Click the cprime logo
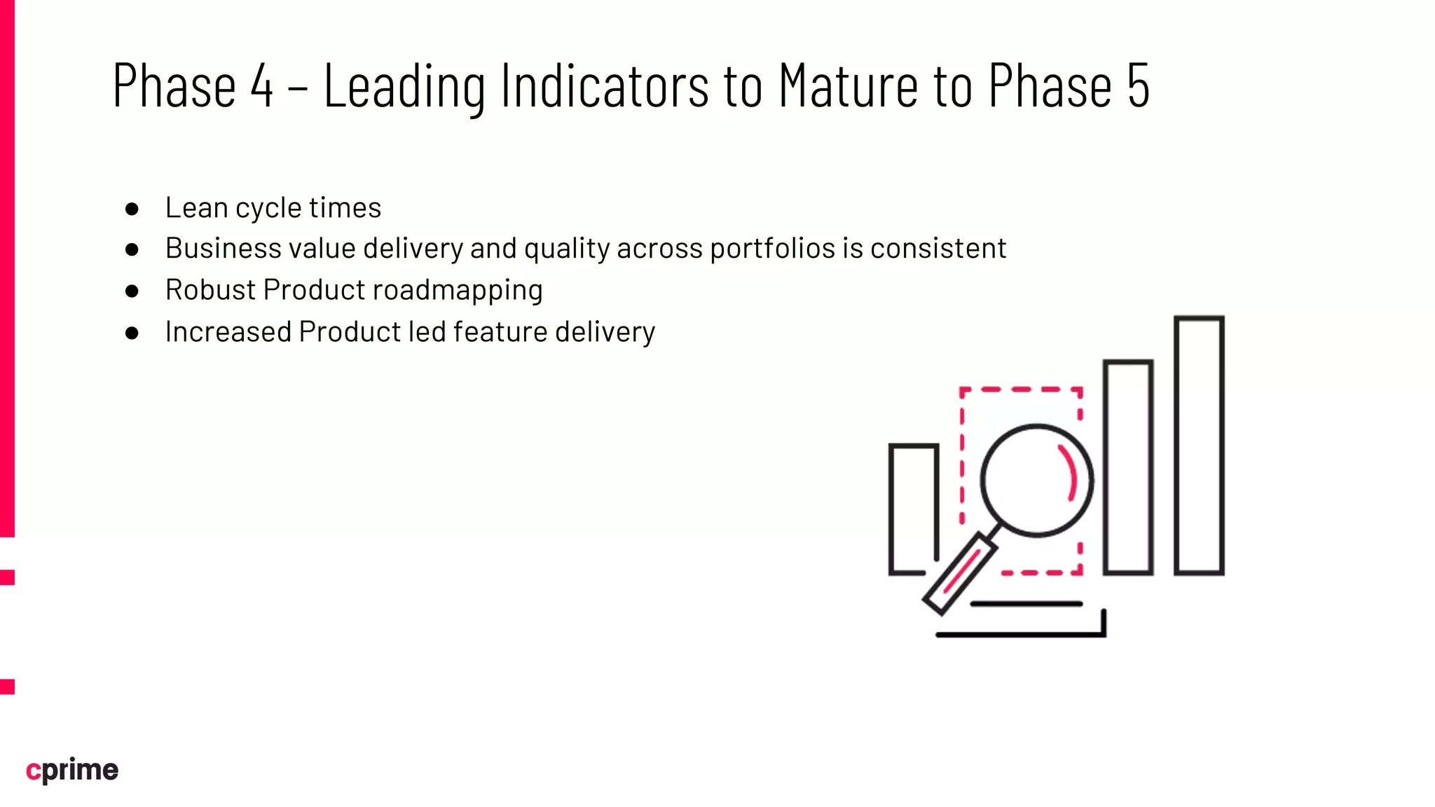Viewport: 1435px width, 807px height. [72, 770]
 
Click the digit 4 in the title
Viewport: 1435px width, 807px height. [261, 86]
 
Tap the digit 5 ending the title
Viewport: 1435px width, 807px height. [1138, 86]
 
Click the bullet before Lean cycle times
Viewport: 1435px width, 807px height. [132, 209]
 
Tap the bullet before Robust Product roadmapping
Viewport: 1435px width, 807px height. [132, 291]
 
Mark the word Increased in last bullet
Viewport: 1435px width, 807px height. [228, 332]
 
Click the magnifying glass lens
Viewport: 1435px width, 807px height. [1036, 481]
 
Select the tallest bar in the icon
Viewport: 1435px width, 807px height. [1199, 446]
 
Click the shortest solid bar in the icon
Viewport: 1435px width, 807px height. [913, 509]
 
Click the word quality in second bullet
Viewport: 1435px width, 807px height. [567, 249]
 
